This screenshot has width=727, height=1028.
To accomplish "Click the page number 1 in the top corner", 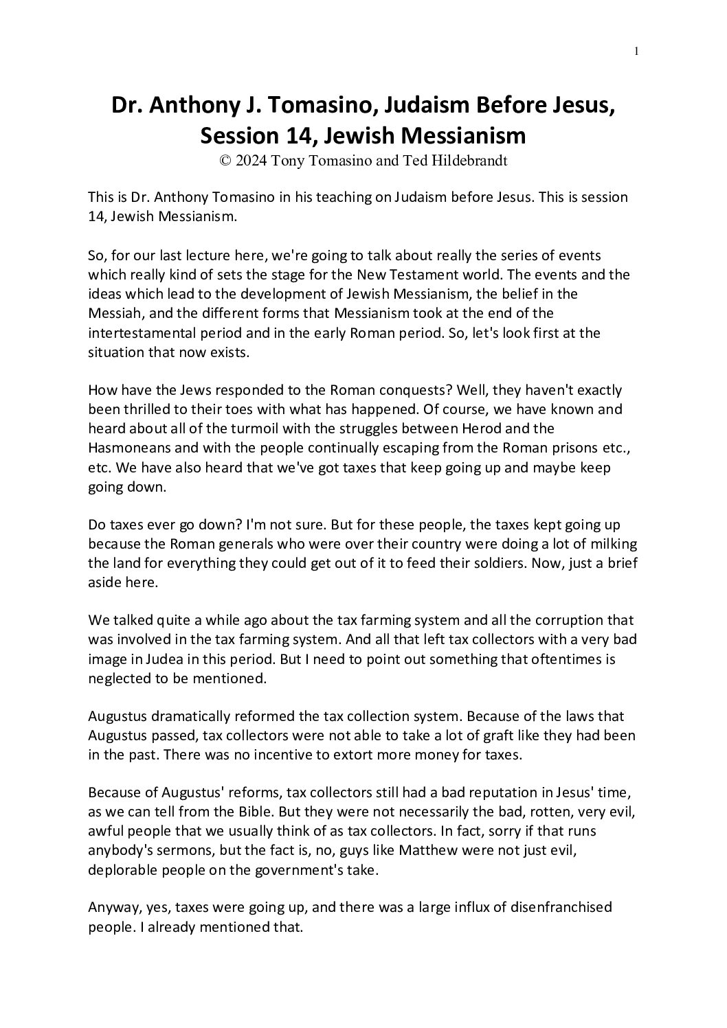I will [x=637, y=51].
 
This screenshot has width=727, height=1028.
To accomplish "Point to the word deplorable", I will [x=121, y=869].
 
